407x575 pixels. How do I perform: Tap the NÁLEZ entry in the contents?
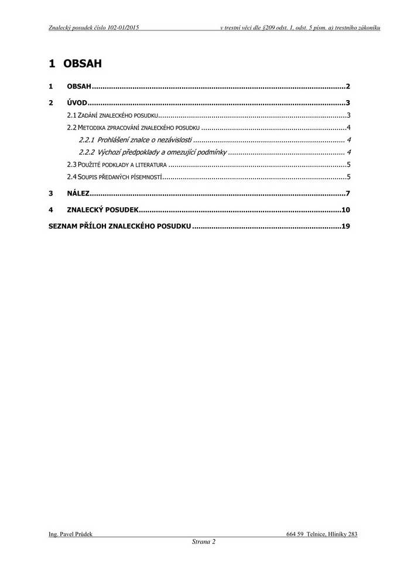(x=78, y=193)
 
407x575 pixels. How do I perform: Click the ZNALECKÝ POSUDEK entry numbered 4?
(x=102, y=210)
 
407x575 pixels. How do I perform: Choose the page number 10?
(x=346, y=210)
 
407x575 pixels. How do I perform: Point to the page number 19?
(x=346, y=225)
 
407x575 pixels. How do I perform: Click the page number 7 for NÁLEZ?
(x=348, y=193)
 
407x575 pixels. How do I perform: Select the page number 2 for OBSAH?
(x=348, y=86)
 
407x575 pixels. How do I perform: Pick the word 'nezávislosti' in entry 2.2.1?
(x=172, y=140)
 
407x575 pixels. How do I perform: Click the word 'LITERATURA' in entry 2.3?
(x=150, y=165)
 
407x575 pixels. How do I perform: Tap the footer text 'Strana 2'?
(x=204, y=542)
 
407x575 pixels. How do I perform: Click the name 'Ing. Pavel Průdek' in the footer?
(x=70, y=534)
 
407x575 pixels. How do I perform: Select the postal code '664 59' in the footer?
(x=295, y=534)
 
